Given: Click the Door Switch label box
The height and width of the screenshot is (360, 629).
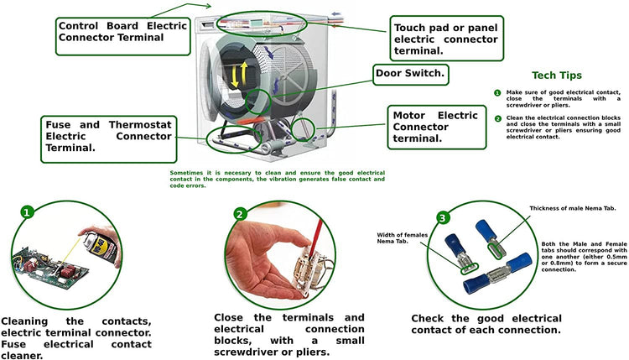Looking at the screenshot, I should tap(410, 75).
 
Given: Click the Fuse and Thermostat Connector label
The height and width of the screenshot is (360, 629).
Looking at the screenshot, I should tap(108, 136).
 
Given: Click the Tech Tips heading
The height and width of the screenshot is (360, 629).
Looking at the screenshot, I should tap(556, 76).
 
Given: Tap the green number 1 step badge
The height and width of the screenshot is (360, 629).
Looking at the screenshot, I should tap(28, 212).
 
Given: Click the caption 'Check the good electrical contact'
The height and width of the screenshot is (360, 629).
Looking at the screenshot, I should tap(485, 324).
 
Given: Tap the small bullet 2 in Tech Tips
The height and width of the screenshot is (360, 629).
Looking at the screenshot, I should tap(497, 118).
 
